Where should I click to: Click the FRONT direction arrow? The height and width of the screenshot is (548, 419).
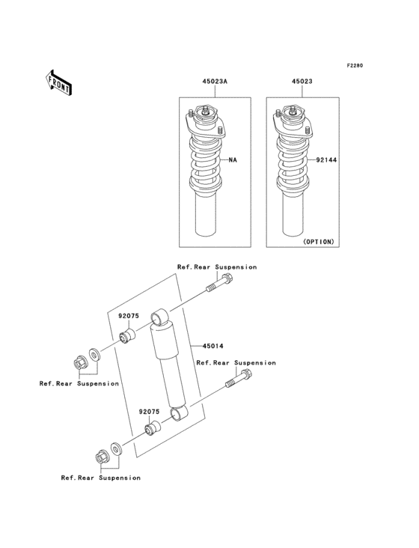coord(59,82)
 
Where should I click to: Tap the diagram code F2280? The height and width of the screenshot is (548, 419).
coord(354,66)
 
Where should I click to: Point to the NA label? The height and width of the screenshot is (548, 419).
coord(233,159)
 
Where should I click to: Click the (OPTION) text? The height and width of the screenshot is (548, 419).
coord(318,242)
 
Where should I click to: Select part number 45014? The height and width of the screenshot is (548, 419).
coord(211,346)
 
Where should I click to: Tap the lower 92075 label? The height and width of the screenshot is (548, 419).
coord(148,411)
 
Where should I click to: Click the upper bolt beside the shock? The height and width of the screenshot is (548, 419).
coord(221,284)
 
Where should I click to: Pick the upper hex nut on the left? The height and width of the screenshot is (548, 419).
coord(79,362)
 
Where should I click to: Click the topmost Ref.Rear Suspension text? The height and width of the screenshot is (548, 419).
coord(216,267)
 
